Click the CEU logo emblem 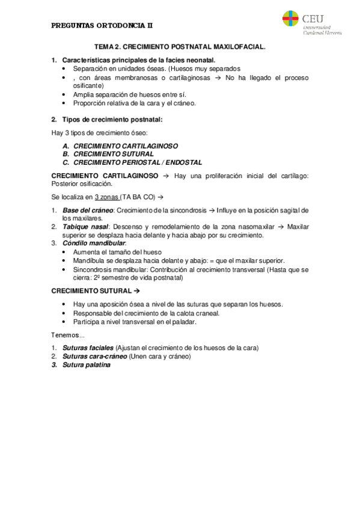pyautogui.click(x=290, y=19)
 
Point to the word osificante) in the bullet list pyautogui.click(x=88, y=86)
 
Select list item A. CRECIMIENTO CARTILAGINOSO pyautogui.click(x=126, y=146)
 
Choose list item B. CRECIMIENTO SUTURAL pyautogui.click(x=114, y=154)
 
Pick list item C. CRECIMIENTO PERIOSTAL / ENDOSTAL pyautogui.click(x=138, y=162)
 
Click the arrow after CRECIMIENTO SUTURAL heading pyautogui.click(x=136, y=290)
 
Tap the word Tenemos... pyautogui.click(x=66, y=335)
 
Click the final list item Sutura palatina pyautogui.click(x=87, y=364)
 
